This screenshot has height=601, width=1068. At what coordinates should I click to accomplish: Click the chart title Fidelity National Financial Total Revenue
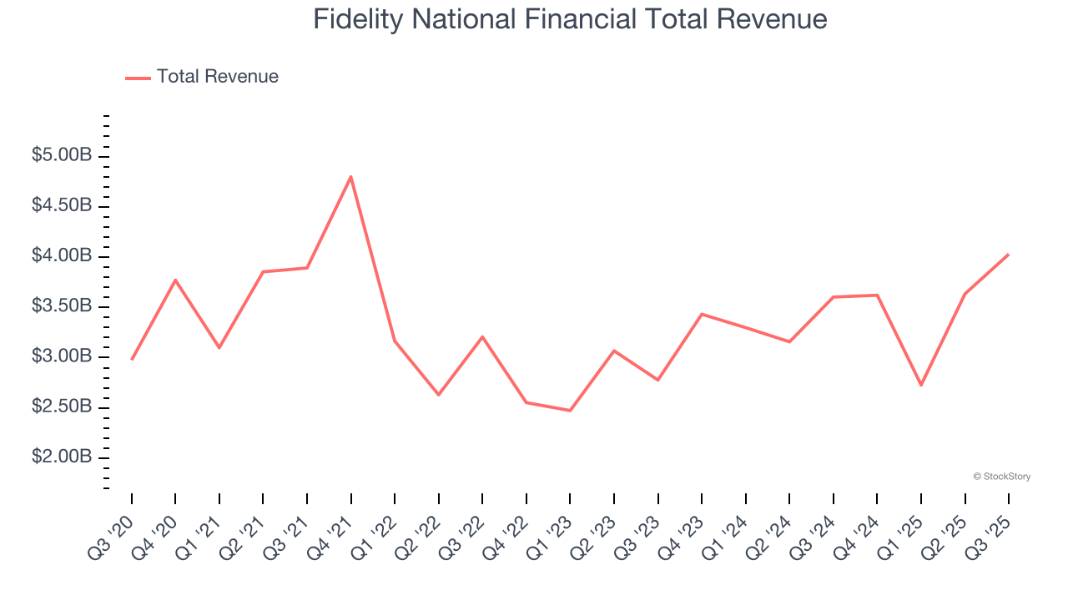(x=570, y=19)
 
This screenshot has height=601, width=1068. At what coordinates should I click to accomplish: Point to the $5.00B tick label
(x=62, y=156)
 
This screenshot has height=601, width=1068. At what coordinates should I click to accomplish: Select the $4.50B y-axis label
(x=62, y=206)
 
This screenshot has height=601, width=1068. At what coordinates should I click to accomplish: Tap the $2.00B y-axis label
(x=62, y=457)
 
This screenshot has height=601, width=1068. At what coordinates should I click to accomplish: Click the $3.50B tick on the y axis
(x=62, y=306)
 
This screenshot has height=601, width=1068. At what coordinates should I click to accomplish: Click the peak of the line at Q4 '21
(x=351, y=176)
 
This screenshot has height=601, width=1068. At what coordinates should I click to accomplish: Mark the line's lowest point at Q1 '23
(x=570, y=411)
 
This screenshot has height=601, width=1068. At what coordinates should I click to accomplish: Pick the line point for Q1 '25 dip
(x=921, y=385)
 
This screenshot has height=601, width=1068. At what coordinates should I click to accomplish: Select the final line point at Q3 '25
(x=1009, y=255)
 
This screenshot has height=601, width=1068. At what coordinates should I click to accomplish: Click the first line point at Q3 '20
(x=132, y=359)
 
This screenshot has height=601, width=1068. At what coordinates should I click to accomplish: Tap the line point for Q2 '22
(x=439, y=394)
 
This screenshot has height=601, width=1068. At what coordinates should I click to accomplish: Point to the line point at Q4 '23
(x=702, y=314)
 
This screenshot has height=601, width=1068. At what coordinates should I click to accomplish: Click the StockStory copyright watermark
(x=1001, y=477)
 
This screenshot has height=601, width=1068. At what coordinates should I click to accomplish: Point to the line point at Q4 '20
(x=175, y=280)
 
